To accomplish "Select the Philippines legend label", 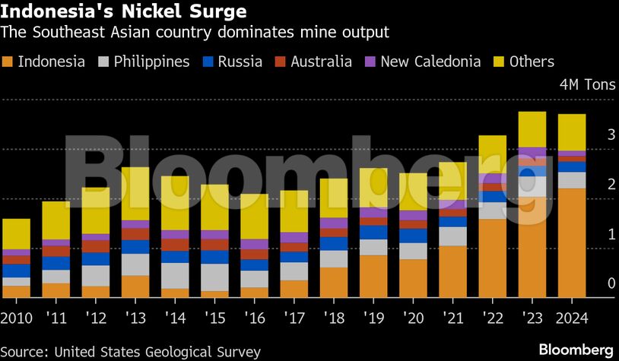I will (x=151, y=62).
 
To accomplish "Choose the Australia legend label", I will (x=321, y=62).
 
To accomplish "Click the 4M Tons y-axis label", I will (x=582, y=84).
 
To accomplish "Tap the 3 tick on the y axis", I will (x=589, y=135).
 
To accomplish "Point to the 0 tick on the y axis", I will (x=589, y=283).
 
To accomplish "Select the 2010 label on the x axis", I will (x=16, y=315).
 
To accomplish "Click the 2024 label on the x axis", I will (x=571, y=315).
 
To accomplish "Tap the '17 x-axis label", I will (x=294, y=315).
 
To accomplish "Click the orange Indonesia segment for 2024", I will (x=571, y=243).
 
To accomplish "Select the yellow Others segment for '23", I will (x=532, y=129).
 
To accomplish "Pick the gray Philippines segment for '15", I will (x=214, y=277).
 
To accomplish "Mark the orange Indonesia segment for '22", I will (x=492, y=258).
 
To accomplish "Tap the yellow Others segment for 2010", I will (x=16, y=233).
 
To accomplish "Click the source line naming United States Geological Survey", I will (x=131, y=352).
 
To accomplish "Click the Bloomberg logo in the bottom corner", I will (x=576, y=350).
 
